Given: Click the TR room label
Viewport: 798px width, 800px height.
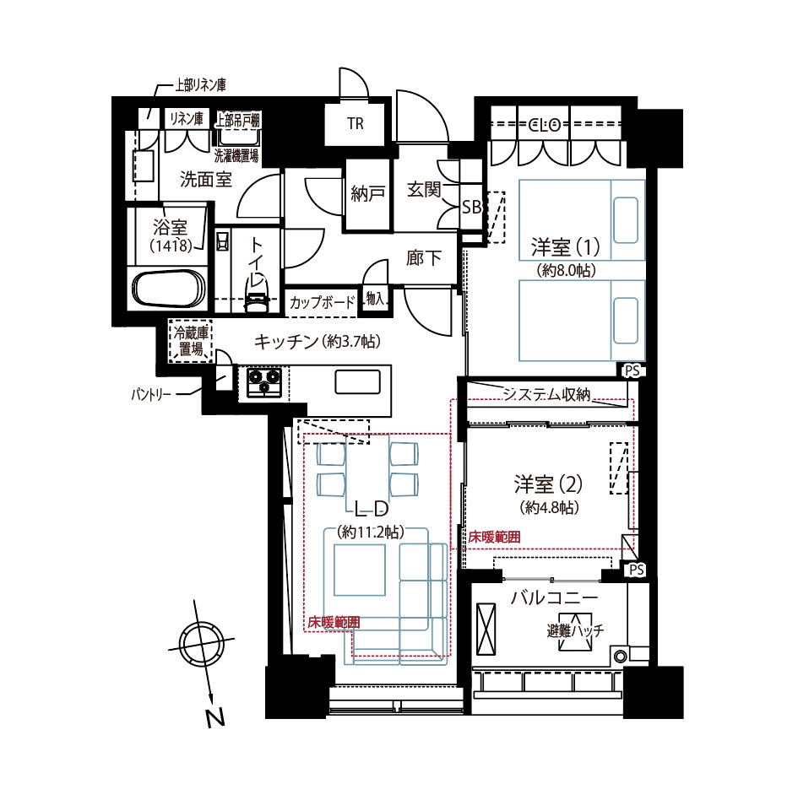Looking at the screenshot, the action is (356, 123).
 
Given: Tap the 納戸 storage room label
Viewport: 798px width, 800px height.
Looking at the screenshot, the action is (367, 193).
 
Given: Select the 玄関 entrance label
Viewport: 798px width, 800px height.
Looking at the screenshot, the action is (424, 189).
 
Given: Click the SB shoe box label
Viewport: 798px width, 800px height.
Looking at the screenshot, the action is (471, 207).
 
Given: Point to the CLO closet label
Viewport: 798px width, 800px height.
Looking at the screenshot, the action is (545, 125).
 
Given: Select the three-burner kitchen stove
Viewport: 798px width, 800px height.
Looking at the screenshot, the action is (264, 382).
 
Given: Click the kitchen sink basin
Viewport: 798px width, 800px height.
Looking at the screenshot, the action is (357, 382).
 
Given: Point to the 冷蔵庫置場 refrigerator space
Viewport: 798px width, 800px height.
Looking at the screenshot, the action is (191, 341).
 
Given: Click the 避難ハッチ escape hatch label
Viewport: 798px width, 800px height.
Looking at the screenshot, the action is (575, 630).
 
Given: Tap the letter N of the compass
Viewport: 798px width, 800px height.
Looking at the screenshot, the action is (215, 718).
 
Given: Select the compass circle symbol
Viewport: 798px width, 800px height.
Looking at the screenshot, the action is (201, 642).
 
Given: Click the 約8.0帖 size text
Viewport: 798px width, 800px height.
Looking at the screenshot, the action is (567, 270).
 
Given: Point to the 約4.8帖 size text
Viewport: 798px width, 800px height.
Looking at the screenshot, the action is (550, 508).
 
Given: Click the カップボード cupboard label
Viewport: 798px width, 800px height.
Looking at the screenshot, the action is (322, 303).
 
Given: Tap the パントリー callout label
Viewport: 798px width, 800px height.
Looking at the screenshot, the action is (150, 395).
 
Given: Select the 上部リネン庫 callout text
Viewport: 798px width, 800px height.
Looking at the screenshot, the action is (201, 84).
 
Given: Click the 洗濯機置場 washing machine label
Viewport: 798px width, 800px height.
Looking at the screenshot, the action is (236, 155).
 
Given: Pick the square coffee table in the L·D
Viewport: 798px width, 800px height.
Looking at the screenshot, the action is (360, 570).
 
